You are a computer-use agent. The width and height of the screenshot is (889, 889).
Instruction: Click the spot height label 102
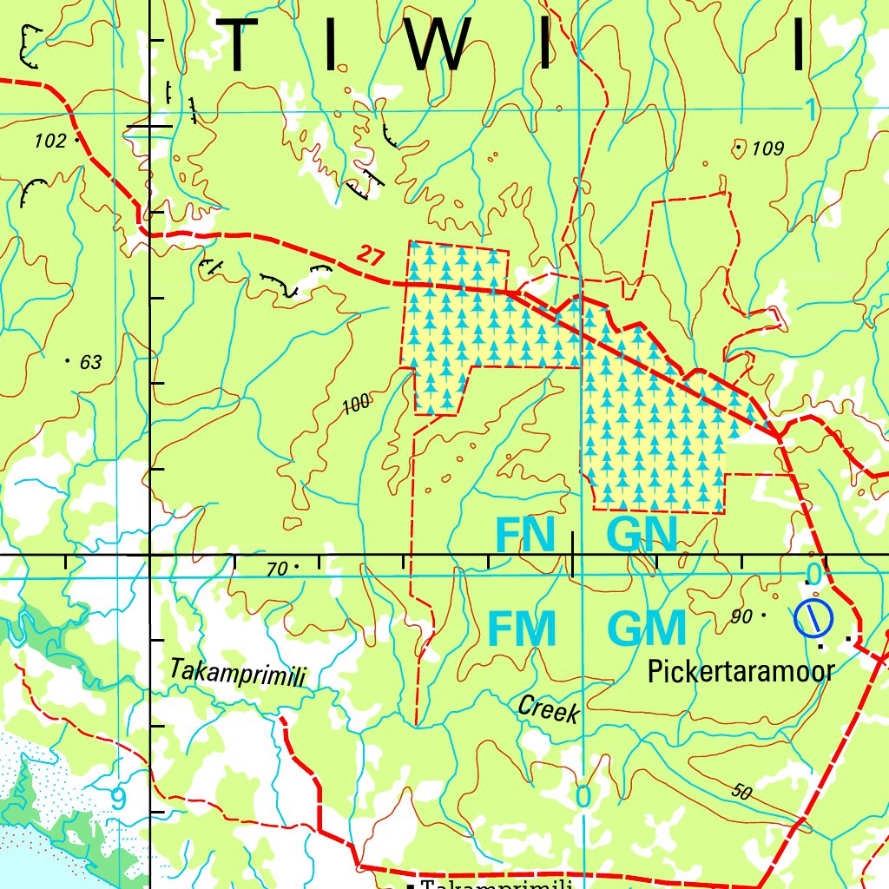50,141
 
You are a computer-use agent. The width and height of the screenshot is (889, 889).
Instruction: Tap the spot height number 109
767,149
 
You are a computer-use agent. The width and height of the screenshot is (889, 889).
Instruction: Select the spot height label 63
90,362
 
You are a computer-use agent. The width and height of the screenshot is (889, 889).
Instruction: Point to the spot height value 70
276,570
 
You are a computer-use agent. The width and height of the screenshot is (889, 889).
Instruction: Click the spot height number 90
741,616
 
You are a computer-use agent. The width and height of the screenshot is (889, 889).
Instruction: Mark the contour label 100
356,403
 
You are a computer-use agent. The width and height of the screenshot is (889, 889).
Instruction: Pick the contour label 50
741,791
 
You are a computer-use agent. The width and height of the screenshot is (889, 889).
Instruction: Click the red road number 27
371,256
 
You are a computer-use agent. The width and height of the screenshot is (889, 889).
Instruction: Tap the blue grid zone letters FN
524,535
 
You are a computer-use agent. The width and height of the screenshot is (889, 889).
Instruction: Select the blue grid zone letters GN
642,535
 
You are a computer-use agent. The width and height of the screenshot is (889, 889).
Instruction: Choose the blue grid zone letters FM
522,629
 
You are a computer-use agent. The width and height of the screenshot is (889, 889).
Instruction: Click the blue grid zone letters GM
647,629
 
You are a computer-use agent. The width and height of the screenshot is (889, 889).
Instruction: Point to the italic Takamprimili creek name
237,674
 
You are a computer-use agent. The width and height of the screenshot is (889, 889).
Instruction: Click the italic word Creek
548,709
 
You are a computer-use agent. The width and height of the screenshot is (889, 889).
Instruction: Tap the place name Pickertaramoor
741,670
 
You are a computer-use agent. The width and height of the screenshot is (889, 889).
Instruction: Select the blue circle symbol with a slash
813,617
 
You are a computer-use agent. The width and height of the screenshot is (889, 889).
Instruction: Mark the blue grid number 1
809,110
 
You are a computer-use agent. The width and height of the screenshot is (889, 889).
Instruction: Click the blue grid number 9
118,798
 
